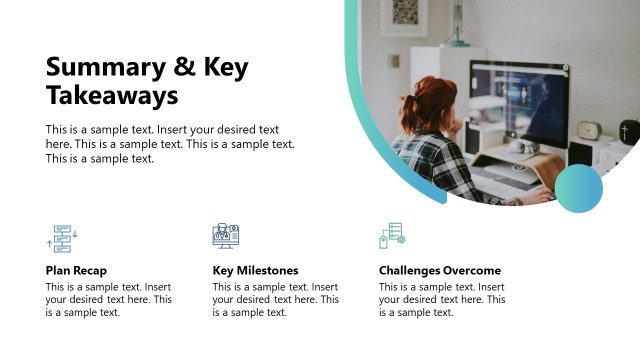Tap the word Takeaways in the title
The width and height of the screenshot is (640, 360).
pyautogui.click(x=112, y=96)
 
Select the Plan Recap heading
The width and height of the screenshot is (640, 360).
pyautogui.click(x=76, y=270)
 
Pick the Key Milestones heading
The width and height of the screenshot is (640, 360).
pyautogui.click(x=255, y=270)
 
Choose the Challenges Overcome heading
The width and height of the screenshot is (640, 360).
pyautogui.click(x=440, y=270)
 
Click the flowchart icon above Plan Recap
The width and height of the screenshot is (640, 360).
pyautogui.click(x=62, y=238)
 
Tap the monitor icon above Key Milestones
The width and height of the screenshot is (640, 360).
pyautogui.click(x=226, y=236)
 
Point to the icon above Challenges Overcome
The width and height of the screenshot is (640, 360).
pyautogui.click(x=391, y=236)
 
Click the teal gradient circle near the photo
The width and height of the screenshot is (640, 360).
pyautogui.click(x=579, y=188)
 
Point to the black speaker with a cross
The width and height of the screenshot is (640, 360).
pyautogui.click(x=628, y=132)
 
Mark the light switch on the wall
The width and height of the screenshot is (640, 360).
pyautogui.click(x=394, y=62)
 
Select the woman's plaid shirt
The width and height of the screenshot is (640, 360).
pyautogui.click(x=430, y=160)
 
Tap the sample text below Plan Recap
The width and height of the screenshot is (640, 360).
pyautogui.click(x=108, y=299)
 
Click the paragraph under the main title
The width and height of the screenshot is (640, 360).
pyautogui.click(x=170, y=144)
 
